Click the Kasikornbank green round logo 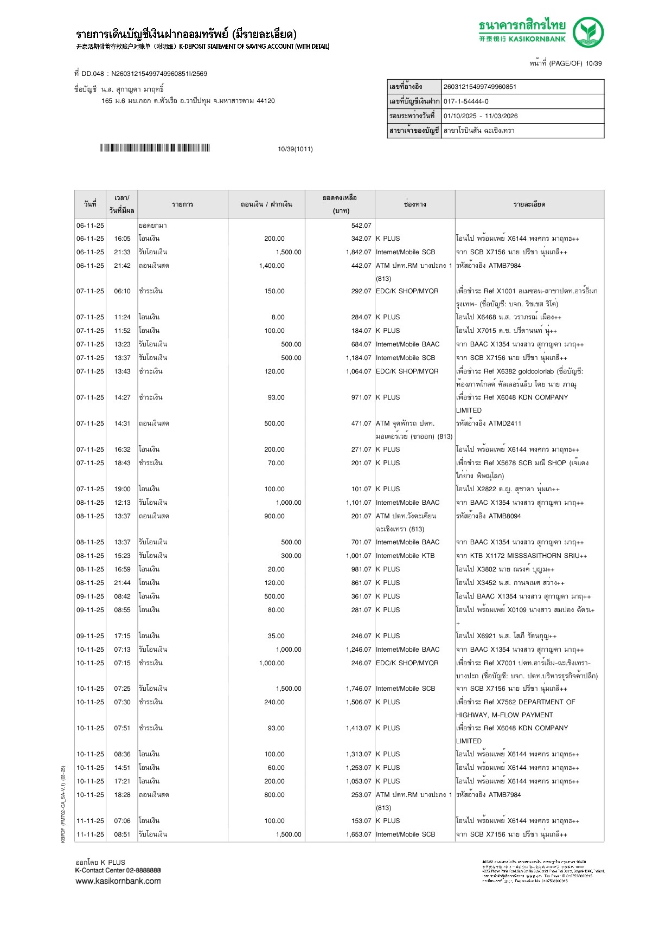tap(588, 32)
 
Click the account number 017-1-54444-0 tap(466, 101)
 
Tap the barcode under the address tap(155, 148)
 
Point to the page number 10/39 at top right tap(593, 63)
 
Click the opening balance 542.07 tap(361, 226)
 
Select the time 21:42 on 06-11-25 tap(122, 266)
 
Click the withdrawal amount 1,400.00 tap(272, 266)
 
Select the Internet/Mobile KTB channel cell tap(405, 556)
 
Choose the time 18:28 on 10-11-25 tap(122, 795)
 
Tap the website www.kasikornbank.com tap(118, 881)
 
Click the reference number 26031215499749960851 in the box tap(480, 87)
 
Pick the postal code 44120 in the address tap(266, 101)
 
